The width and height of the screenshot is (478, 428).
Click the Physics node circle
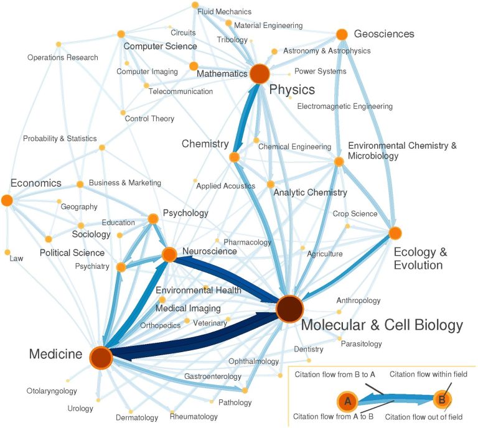tap(259, 74)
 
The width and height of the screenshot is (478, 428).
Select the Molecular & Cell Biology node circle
tap(289, 309)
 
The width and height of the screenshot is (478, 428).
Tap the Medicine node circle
tap(101, 358)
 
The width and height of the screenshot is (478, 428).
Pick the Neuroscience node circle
tap(169, 254)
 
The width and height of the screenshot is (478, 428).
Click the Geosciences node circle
tap(341, 34)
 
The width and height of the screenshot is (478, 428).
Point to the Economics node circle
tap(7, 200)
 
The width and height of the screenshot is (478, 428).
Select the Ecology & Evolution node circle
tap(395, 233)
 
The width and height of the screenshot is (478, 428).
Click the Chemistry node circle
tap(235, 157)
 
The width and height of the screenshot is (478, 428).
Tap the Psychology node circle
tap(152, 219)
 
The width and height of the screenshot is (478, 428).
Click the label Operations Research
tap(62, 58)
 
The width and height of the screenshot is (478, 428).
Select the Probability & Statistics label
tap(60, 138)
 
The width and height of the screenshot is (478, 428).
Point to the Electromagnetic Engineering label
tap(345, 106)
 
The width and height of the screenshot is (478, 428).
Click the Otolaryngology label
tap(52, 391)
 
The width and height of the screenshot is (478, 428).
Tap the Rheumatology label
tap(194, 416)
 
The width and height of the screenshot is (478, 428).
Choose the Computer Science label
tap(160, 46)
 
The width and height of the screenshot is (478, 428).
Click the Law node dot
tap(7, 252)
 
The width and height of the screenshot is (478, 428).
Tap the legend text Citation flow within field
tap(428, 374)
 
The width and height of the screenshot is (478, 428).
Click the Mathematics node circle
tap(194, 66)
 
